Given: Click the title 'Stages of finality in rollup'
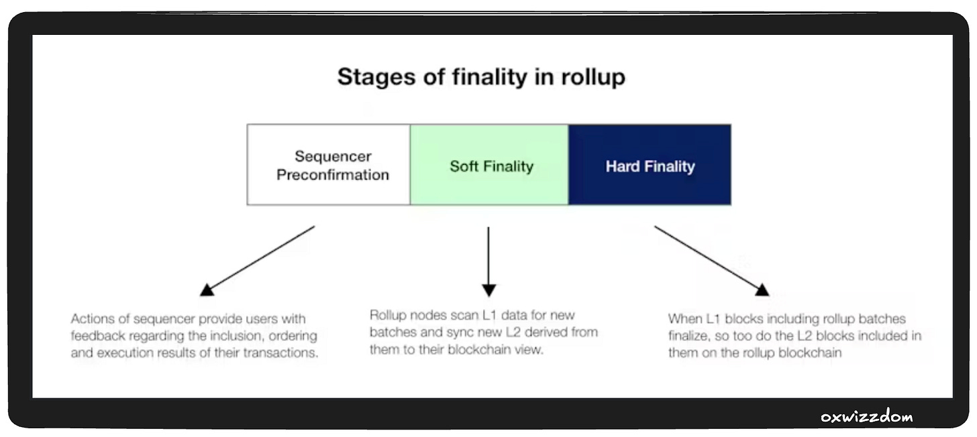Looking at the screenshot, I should click(x=481, y=76).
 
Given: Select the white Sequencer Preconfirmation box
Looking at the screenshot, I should click(x=329, y=165).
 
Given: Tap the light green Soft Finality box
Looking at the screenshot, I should click(x=490, y=165).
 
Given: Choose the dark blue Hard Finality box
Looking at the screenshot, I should click(x=650, y=165).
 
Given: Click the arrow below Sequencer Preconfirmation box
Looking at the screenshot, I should click(x=258, y=260).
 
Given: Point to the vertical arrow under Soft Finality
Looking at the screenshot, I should click(x=488, y=261).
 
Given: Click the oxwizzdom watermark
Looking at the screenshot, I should click(x=866, y=417).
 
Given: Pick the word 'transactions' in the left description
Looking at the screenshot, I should click(x=282, y=353).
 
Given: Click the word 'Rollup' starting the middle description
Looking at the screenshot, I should click(x=389, y=314).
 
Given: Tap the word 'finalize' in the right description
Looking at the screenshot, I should click(x=692, y=336).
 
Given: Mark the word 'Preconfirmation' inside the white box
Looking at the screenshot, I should click(x=333, y=175).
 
